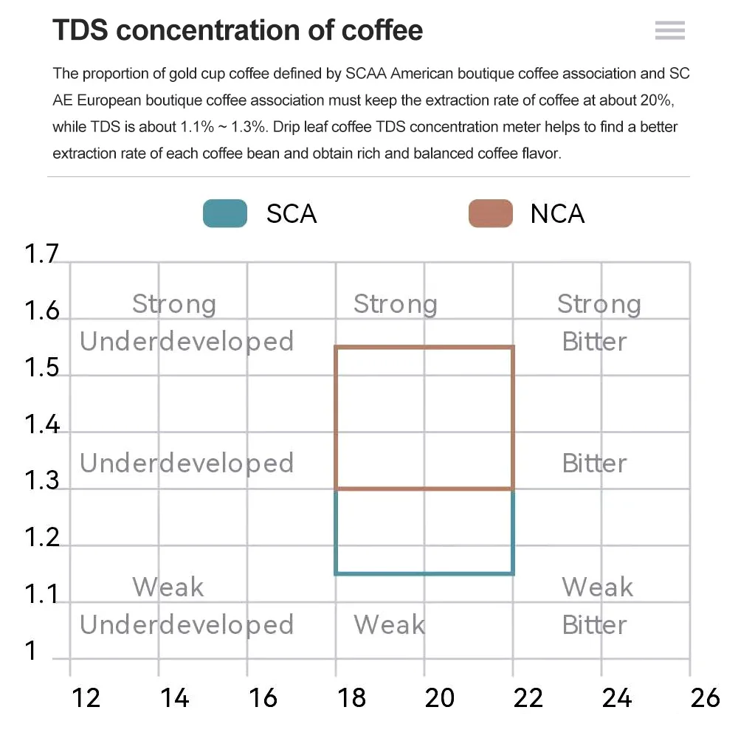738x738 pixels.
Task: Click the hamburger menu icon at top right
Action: click(669, 30)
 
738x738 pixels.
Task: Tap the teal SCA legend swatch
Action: click(225, 214)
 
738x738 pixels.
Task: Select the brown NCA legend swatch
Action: click(491, 214)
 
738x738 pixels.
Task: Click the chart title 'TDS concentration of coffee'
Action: click(238, 30)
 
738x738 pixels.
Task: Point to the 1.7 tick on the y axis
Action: click(41, 254)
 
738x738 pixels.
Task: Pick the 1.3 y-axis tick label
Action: click(41, 480)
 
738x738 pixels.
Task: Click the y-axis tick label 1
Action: click(31, 651)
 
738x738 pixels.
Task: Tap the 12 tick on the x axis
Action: click(86, 697)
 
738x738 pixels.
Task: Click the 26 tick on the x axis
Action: click(705, 697)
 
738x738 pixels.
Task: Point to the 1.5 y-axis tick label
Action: click(41, 367)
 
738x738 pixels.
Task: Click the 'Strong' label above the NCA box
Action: click(395, 304)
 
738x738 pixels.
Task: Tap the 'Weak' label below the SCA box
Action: click(389, 624)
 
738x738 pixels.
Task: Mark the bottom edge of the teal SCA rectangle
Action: click(424, 573)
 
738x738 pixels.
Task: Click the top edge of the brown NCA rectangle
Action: click(424, 347)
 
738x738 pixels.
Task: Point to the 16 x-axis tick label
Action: click(263, 697)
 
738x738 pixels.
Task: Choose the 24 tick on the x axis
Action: click(616, 697)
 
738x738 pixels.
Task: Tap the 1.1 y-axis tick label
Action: click(41, 594)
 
